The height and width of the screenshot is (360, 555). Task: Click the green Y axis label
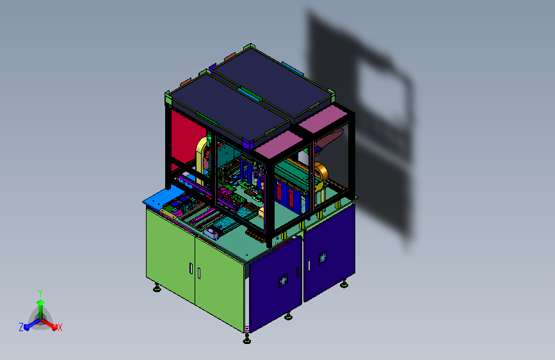click(40, 293)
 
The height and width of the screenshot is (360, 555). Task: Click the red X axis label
click(60, 328)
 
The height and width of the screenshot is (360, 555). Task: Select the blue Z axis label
click(21, 327)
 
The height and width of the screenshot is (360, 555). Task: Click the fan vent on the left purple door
click(283, 281)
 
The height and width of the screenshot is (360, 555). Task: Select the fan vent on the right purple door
click(322, 258)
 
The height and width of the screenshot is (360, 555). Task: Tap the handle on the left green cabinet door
click(191, 268)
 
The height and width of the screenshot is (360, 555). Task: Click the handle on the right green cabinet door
click(199, 273)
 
